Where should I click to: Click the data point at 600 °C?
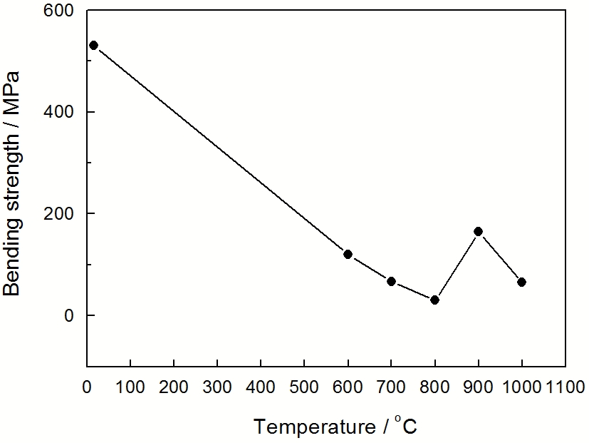click(x=348, y=254)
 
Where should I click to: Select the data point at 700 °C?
click(x=391, y=281)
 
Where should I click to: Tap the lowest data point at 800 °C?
click(x=434, y=300)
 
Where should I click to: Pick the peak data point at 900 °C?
click(x=478, y=231)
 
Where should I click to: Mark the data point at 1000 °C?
click(x=521, y=282)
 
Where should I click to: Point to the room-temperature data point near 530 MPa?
click(x=93, y=45)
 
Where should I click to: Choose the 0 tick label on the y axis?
click(x=70, y=315)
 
